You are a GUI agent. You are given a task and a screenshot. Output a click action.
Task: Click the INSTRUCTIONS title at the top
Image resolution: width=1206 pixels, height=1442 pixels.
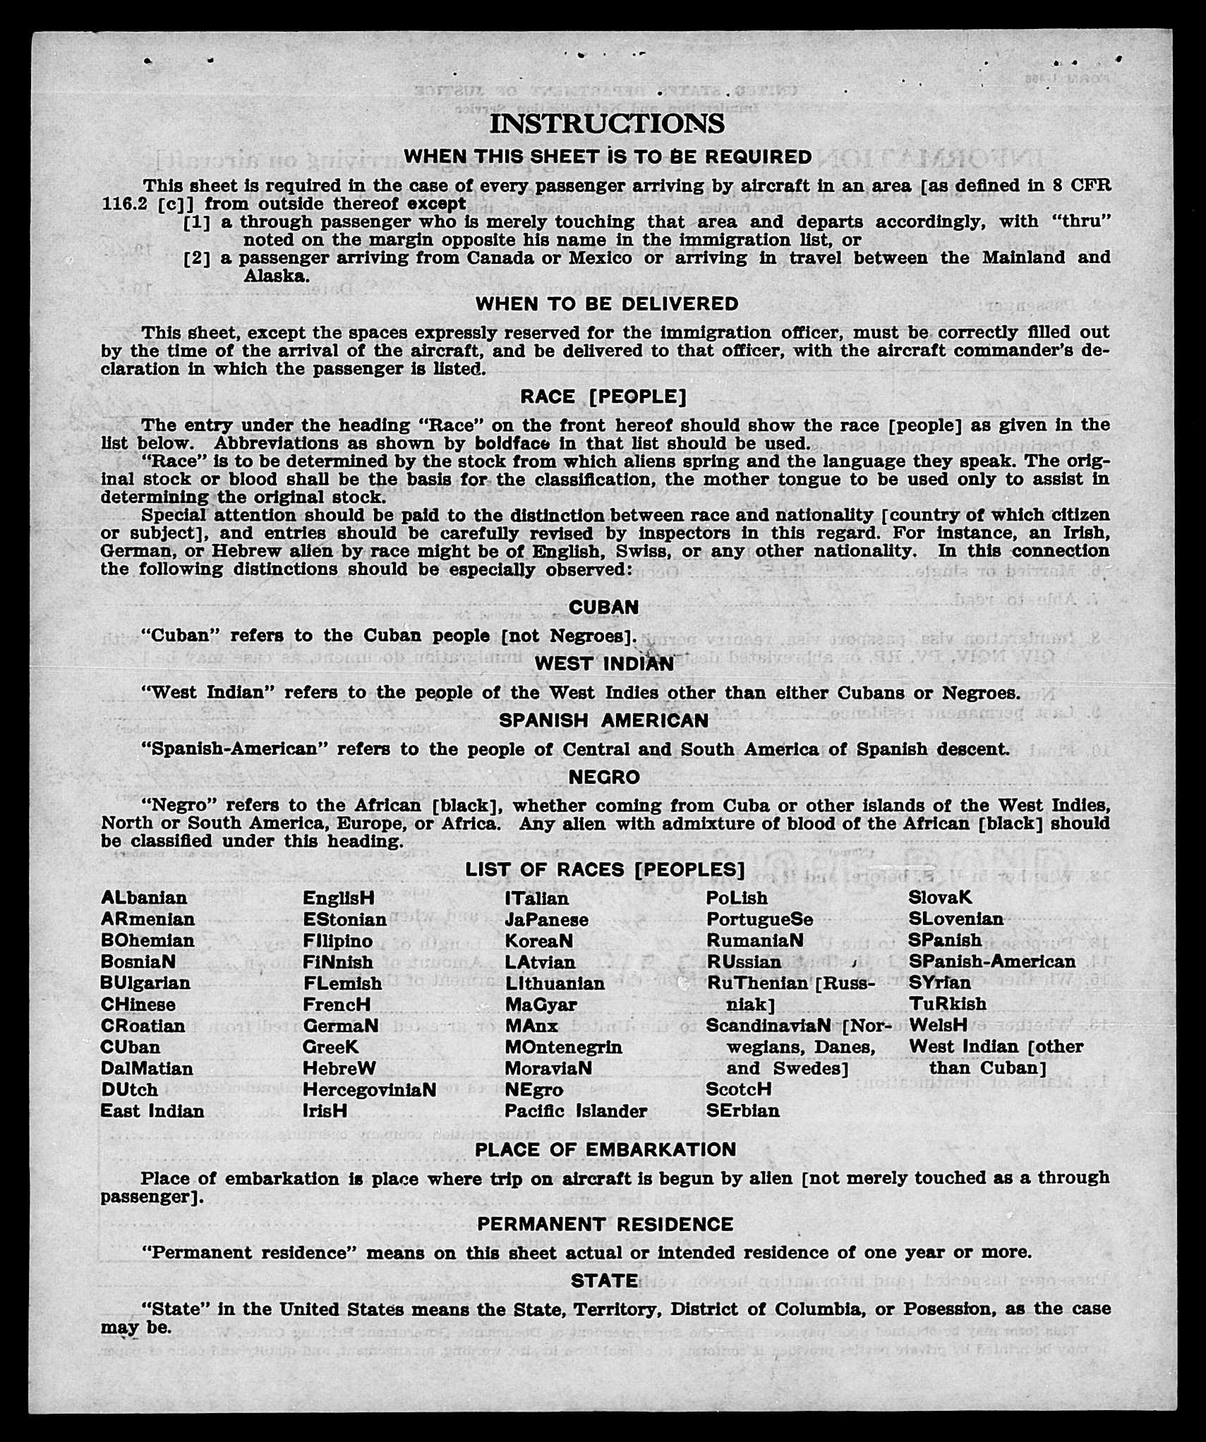click(607, 123)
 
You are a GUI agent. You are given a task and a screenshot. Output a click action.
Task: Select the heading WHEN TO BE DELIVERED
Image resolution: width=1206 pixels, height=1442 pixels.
click(607, 304)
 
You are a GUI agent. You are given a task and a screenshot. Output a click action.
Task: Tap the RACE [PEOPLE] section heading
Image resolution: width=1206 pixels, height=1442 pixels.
click(603, 397)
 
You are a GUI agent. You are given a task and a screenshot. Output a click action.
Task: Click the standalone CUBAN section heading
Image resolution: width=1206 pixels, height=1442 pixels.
click(604, 607)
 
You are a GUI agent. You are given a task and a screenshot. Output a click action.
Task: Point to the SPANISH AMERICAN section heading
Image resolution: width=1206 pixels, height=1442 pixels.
click(604, 720)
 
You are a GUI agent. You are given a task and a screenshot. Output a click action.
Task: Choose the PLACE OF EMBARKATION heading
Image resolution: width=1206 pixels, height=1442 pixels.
click(605, 1150)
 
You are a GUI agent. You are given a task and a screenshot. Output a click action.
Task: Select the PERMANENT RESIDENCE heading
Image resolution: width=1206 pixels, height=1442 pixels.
click(605, 1224)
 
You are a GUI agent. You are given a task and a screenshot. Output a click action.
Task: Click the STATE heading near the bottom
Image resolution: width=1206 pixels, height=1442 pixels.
click(605, 1280)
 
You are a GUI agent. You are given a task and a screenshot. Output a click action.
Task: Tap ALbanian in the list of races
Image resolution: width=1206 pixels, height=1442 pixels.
click(144, 898)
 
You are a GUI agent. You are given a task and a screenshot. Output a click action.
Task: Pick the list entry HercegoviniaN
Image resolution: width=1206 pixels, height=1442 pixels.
click(369, 1090)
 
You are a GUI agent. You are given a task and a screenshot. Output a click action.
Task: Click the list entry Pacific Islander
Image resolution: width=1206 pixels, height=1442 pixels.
click(576, 1111)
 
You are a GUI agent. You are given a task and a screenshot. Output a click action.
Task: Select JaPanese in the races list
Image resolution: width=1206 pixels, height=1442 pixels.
click(546, 920)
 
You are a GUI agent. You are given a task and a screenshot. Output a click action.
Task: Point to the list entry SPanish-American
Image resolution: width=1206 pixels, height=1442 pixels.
click(992, 962)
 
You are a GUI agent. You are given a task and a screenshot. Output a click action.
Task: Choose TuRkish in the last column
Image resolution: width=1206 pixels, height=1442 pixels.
click(948, 1004)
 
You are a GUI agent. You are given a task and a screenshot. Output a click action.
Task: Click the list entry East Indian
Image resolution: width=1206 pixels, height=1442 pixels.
click(152, 1111)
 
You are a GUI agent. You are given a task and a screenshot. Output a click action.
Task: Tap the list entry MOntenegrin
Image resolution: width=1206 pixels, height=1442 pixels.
click(563, 1047)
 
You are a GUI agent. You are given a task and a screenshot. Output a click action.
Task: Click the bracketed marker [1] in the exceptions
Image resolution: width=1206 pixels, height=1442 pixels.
click(197, 222)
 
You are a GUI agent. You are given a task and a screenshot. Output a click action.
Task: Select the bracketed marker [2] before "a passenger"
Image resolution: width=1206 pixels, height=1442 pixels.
click(197, 258)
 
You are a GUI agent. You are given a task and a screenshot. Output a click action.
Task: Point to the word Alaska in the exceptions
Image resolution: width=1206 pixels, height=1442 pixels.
click(276, 276)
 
